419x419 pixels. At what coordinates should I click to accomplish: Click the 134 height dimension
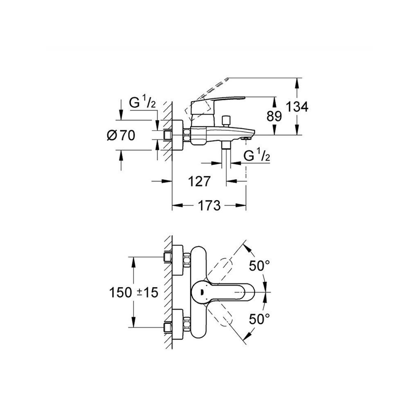(297, 107)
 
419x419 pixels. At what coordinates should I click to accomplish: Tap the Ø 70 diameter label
(121, 135)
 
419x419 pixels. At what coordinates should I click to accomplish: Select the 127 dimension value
(200, 181)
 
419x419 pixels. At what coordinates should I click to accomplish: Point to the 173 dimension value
(209, 205)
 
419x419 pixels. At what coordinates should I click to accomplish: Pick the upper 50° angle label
(259, 266)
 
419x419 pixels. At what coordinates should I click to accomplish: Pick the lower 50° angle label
(259, 319)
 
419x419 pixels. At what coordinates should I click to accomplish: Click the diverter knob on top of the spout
(227, 122)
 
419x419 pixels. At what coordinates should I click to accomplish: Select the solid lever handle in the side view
(218, 107)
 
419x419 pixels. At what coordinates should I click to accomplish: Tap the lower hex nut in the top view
(187, 324)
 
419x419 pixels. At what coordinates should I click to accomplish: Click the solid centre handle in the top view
(222, 292)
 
